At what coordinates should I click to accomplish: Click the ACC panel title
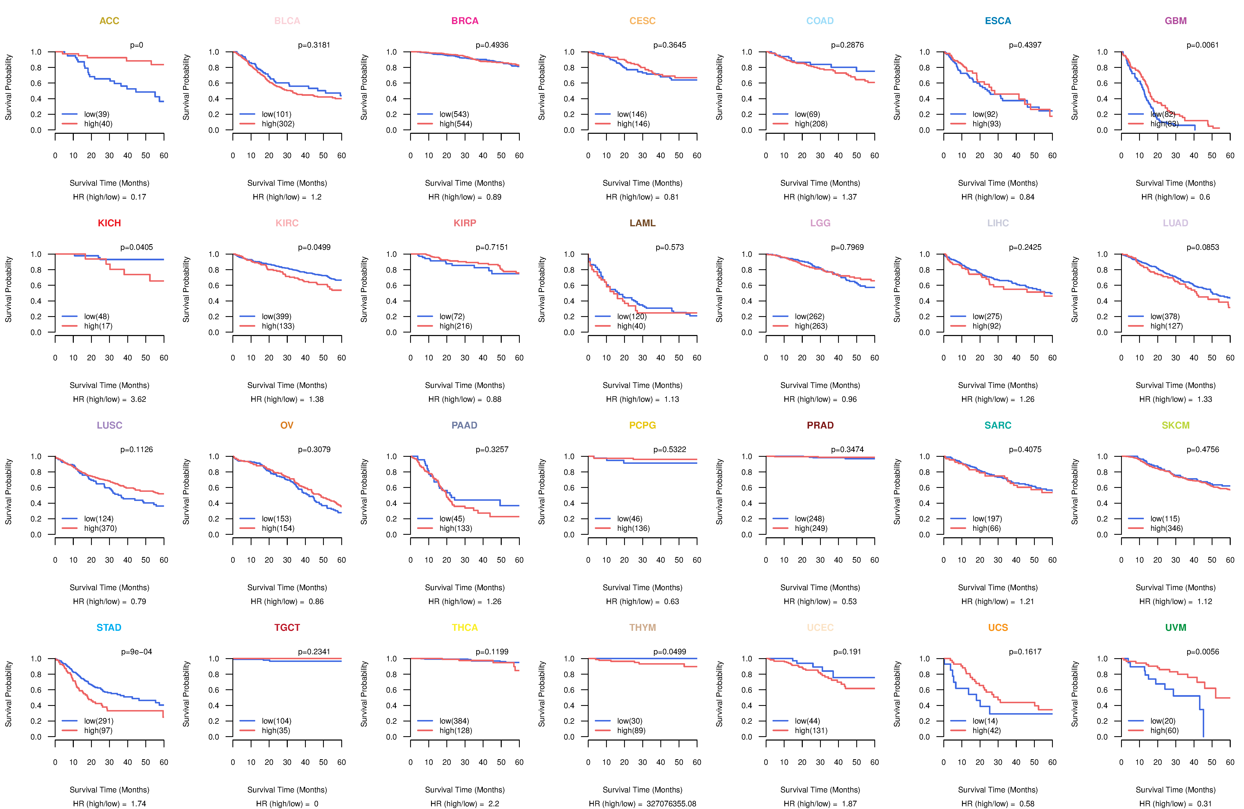point(109,21)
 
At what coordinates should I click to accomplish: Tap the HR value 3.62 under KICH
point(138,399)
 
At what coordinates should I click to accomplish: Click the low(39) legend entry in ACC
point(97,114)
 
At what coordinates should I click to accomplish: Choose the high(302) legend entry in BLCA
point(278,124)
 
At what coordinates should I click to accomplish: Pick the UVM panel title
point(1176,627)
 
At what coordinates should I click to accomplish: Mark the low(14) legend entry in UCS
point(985,721)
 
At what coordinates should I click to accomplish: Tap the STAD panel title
point(109,627)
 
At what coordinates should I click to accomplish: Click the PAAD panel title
point(464,425)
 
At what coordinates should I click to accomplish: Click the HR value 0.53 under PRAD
point(849,601)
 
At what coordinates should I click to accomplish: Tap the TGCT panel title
point(287,627)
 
